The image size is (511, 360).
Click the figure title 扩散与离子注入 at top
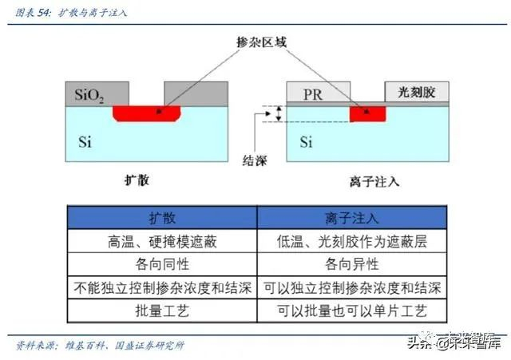93,14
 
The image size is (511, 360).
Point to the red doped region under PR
367,113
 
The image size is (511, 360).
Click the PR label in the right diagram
314,94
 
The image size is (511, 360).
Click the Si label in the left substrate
85,142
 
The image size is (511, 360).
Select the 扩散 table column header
163,218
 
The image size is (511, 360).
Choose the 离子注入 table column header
351,218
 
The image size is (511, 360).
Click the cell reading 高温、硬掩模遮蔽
163,241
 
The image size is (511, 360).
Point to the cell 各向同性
163,264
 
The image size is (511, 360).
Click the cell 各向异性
351,264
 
